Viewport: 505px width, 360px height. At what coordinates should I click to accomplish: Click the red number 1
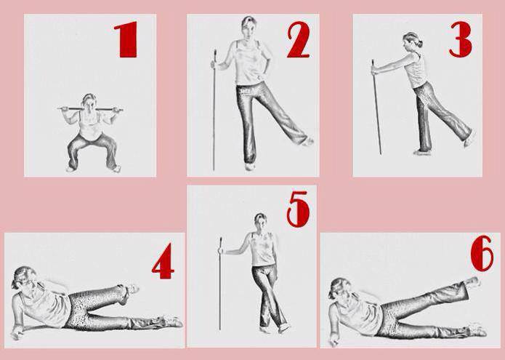(126, 39)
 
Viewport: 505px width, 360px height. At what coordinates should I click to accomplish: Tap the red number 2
(298, 40)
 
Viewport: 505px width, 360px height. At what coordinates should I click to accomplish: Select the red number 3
(461, 39)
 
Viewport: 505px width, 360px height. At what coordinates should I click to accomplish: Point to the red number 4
(163, 261)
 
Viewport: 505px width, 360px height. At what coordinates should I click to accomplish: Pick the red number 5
(298, 209)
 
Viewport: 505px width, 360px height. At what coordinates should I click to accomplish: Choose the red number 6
(482, 253)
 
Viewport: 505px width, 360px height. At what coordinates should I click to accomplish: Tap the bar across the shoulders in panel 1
(90, 109)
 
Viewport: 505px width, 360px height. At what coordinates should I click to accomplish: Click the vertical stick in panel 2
(214, 110)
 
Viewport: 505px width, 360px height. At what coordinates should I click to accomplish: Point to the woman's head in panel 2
(249, 27)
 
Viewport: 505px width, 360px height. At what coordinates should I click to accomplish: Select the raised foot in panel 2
(307, 141)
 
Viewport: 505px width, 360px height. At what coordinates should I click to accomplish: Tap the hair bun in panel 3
(419, 43)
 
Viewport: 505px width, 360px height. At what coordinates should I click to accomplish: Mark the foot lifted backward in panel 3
(469, 138)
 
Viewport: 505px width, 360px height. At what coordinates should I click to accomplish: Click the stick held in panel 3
(376, 107)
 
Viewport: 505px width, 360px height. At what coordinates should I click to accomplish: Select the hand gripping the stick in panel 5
(221, 250)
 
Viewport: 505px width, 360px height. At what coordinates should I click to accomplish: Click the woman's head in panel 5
(260, 220)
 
